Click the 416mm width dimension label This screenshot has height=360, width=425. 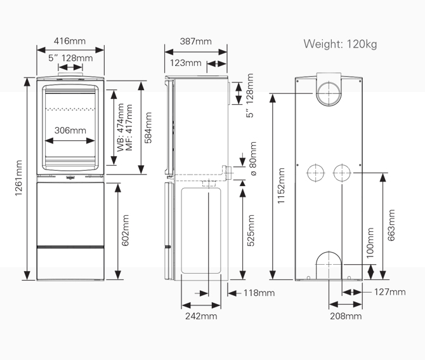tap(70, 41)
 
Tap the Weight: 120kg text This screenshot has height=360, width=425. tap(340, 44)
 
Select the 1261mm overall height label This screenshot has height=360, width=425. tap(18, 178)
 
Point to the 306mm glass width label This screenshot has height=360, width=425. tap(70, 130)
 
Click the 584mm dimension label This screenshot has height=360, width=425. tap(148, 128)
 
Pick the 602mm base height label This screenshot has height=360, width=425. tap(125, 230)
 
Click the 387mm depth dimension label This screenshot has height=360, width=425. tap(196, 41)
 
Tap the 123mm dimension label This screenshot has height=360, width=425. tap(186, 63)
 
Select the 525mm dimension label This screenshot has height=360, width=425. tap(251, 230)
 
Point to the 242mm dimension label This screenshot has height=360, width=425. tap(201, 316)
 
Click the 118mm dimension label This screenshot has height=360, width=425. tap(259, 293)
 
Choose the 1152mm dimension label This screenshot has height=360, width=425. tap(281, 185)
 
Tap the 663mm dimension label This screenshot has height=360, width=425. tap(391, 225)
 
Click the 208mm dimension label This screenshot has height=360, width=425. tap(346, 316)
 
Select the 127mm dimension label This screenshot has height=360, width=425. tap(390, 292)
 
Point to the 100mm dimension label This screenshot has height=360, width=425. tap(370, 243)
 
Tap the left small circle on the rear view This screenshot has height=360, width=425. tap(307, 173)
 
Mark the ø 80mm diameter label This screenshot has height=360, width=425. tap(252, 159)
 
